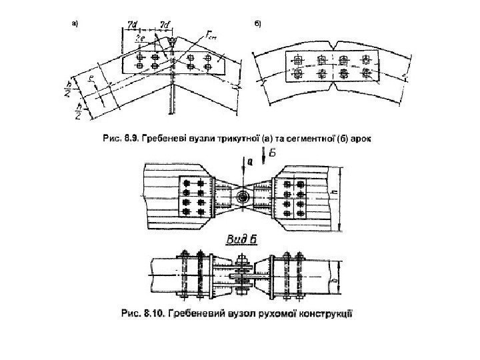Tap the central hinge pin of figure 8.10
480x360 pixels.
click(241, 197)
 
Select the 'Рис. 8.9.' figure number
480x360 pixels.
click(117, 139)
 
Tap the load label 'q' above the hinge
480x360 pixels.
click(249, 161)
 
